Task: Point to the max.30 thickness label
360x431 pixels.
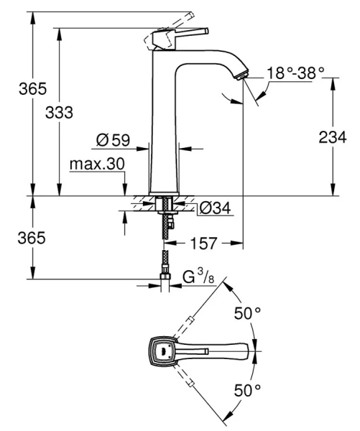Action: [97, 164]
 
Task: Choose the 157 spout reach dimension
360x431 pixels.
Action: [205, 244]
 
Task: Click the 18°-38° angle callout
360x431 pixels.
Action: [295, 73]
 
